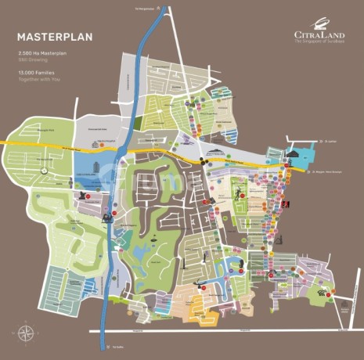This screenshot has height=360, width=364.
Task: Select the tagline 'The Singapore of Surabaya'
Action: (319, 42)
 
